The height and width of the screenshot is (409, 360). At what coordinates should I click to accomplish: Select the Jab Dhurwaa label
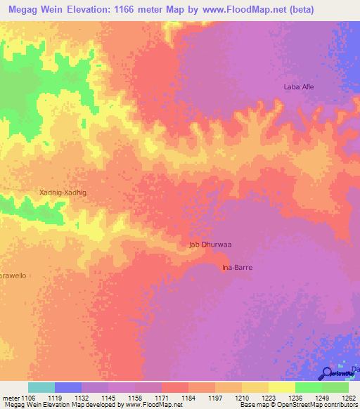[211, 245]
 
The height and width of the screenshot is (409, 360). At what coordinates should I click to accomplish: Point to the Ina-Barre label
[237, 268]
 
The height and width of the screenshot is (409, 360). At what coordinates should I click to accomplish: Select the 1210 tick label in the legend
[242, 398]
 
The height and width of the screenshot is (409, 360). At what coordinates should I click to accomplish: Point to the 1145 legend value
[108, 398]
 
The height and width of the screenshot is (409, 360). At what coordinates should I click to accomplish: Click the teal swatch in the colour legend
[41, 387]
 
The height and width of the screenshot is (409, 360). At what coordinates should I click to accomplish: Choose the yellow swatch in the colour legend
[281, 387]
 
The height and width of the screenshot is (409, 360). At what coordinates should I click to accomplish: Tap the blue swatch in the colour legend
[68, 387]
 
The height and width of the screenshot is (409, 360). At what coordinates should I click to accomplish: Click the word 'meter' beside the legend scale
[9, 398]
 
